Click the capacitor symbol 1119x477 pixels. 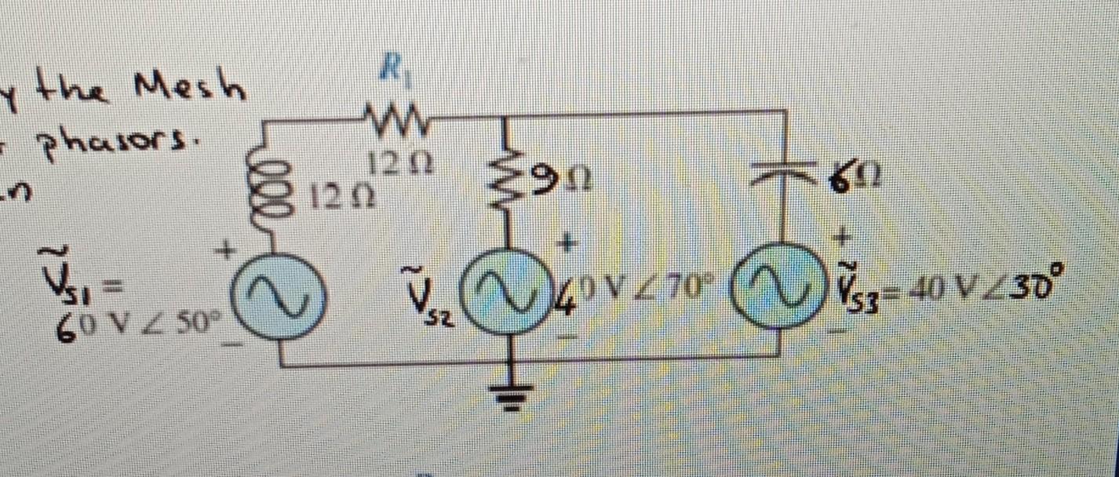[x=782, y=175]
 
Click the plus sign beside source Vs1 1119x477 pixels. [x=227, y=251]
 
